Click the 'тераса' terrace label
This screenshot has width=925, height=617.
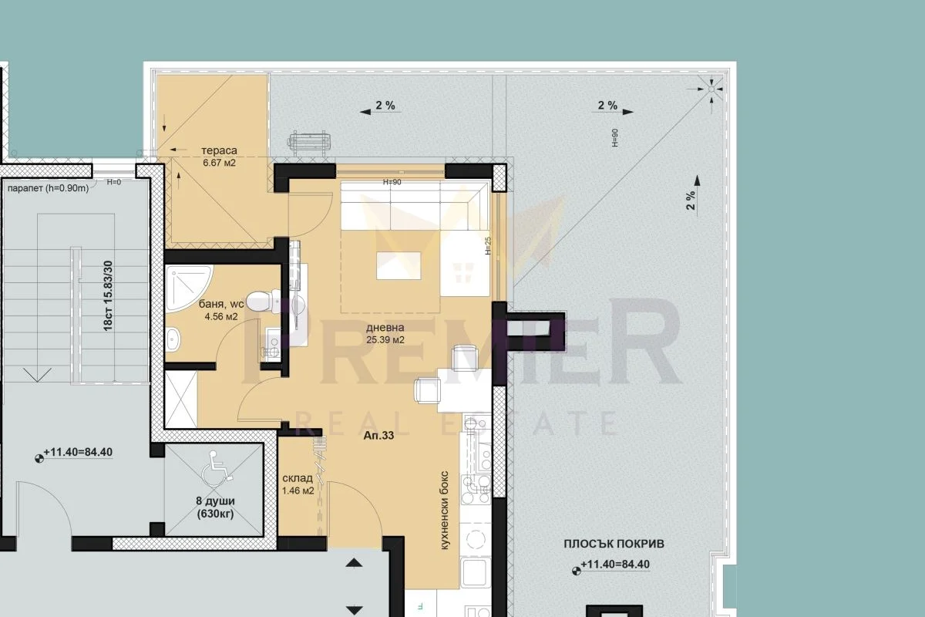pos(219,151)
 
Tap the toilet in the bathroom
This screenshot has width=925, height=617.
pos(264,302)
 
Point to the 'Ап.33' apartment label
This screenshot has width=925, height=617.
pos(378,435)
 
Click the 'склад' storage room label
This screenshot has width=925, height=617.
pos(298,478)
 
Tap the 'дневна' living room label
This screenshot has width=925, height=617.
pos(385,328)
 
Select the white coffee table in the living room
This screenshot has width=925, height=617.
pos(399,266)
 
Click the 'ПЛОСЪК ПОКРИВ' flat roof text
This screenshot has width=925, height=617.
pos(614,544)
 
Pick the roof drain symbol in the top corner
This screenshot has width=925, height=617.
pos(711,89)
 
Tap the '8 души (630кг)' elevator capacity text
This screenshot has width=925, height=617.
pos(215,507)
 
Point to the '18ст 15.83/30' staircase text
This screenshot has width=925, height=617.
pos(108,295)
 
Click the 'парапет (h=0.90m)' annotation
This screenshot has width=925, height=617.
pos(48,188)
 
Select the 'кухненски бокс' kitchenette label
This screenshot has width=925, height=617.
pos(444,510)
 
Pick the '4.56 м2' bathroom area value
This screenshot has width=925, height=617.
pos(221,317)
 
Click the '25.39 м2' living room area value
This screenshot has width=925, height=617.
pos(385,340)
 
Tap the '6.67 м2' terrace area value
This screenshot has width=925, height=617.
pos(219,163)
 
